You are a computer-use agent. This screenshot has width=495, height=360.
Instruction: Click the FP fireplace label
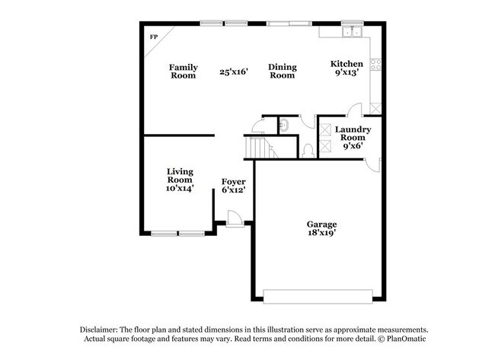click(153, 37)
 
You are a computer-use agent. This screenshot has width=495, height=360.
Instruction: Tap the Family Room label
click(183, 72)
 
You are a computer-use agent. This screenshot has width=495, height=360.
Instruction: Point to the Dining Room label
click(282, 72)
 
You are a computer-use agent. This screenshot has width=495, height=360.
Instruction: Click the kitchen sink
click(352, 31)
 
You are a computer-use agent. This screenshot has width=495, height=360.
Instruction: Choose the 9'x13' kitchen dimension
click(346, 73)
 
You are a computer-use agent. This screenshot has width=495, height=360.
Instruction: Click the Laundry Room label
click(353, 135)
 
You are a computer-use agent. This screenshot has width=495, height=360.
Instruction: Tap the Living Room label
click(180, 177)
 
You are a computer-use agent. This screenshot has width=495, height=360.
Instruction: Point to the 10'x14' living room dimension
click(180, 188)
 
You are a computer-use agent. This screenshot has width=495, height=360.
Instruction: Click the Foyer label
click(233, 182)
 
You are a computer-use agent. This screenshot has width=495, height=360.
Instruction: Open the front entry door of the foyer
click(235, 218)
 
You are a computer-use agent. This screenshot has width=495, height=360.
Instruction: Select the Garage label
click(321, 225)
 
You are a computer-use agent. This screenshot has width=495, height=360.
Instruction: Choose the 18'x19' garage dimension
click(321, 234)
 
